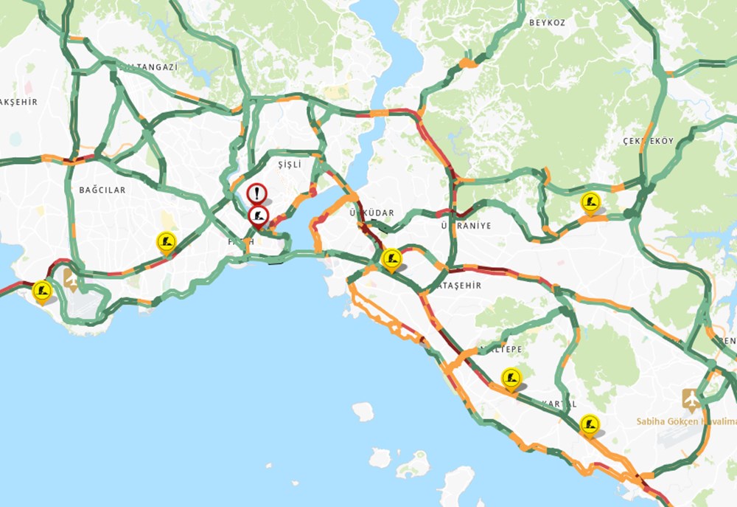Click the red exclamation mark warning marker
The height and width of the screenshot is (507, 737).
[256, 194]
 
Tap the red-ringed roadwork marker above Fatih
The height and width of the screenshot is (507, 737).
[258, 216]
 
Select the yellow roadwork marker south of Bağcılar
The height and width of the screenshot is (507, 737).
[167, 241]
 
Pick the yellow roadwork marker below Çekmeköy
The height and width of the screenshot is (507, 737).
[590, 201]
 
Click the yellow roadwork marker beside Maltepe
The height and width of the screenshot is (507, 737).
[511, 378]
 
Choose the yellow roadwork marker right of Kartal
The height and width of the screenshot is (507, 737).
[589, 424]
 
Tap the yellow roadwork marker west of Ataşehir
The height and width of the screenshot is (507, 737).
[391, 258]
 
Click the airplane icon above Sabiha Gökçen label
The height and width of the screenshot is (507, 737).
[691, 399]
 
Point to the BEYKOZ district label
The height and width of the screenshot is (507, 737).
[547, 23]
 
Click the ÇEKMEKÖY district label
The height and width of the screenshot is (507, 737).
[648, 141]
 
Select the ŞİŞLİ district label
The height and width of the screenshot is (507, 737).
[290, 163]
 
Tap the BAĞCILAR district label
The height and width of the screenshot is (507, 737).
[102, 190]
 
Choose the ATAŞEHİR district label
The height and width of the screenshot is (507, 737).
[460, 285]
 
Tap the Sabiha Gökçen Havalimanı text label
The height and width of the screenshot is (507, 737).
[686, 421]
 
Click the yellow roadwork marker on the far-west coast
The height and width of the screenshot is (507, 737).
[42, 291]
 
